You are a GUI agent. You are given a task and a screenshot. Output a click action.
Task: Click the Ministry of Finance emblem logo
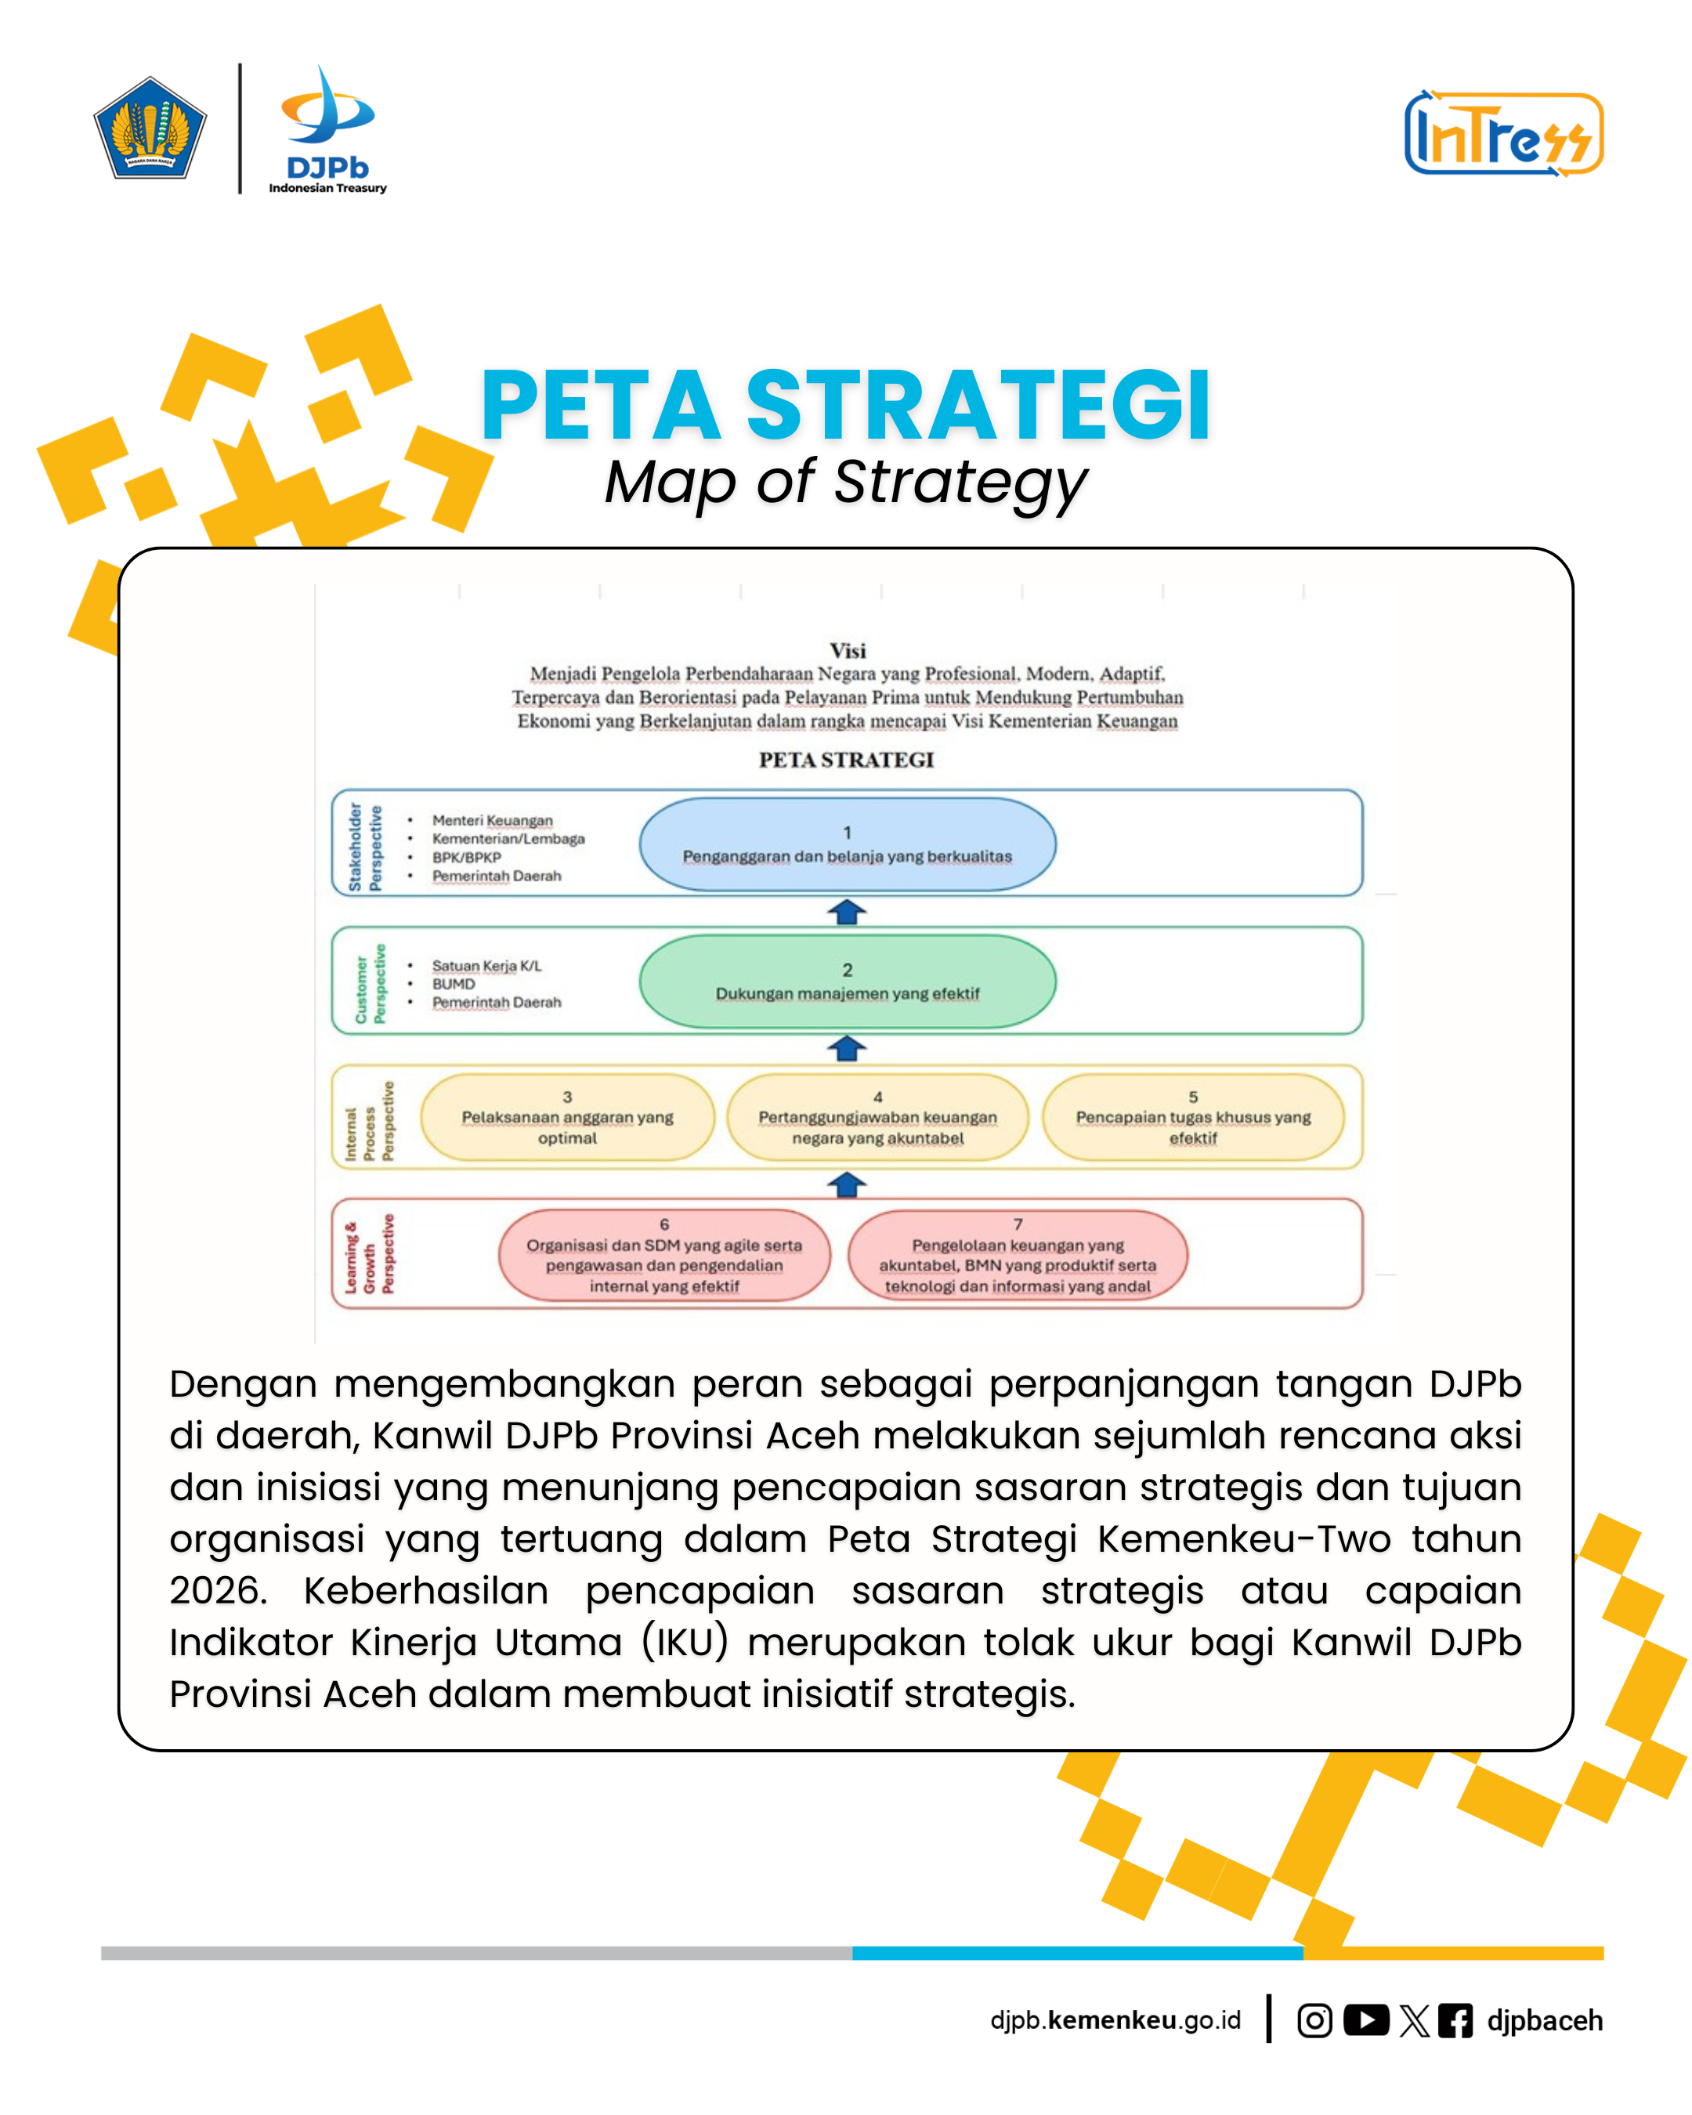click(x=150, y=128)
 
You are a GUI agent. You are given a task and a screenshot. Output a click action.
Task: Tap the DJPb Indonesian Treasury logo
click(x=327, y=131)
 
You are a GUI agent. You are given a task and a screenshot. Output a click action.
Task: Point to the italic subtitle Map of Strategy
click(x=845, y=483)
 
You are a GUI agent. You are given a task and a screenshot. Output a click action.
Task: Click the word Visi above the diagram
click(x=848, y=650)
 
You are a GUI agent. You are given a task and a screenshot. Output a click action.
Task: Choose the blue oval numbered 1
click(x=848, y=844)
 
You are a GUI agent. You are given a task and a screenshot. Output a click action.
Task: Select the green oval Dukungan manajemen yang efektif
click(x=848, y=981)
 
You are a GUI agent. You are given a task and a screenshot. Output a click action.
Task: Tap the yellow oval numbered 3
click(x=567, y=1117)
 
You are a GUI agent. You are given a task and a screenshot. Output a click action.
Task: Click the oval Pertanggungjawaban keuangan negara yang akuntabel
click(x=878, y=1117)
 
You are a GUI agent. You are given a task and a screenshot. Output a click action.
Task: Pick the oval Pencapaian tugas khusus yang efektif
click(x=1193, y=1117)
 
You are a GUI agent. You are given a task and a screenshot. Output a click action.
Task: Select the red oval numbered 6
click(x=664, y=1256)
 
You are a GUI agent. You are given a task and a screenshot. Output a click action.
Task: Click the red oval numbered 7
click(x=1018, y=1256)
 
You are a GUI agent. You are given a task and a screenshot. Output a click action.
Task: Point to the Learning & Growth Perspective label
click(x=369, y=1255)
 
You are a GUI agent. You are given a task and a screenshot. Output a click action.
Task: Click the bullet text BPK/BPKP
click(x=467, y=858)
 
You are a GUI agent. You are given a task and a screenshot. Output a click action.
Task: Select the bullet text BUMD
click(x=454, y=984)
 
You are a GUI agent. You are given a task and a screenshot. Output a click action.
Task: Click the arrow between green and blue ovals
click(x=847, y=913)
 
